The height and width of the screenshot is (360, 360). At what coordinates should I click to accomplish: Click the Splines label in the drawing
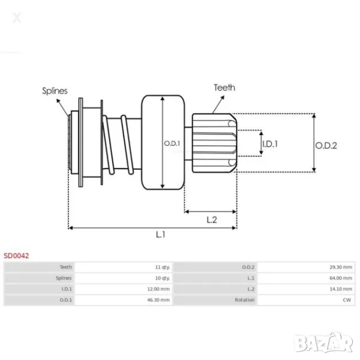click(55, 91)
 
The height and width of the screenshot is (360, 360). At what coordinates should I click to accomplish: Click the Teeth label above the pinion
click(224, 88)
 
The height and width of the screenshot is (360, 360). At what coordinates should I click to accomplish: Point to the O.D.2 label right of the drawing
click(326, 145)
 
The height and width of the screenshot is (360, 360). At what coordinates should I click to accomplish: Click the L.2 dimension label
click(211, 220)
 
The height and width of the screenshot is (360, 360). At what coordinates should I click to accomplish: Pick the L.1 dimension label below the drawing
click(160, 235)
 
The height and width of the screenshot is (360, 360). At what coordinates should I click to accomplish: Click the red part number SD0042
click(16, 256)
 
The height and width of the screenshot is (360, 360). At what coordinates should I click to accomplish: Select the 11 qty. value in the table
click(162, 267)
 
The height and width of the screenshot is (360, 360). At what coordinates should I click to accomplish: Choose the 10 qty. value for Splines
click(162, 278)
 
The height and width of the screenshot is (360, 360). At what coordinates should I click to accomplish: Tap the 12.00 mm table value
click(160, 289)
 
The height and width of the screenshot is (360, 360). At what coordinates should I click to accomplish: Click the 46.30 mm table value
click(160, 299)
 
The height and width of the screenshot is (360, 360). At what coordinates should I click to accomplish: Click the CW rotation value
click(347, 299)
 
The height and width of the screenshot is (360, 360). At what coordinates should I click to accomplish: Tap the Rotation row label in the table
click(245, 299)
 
